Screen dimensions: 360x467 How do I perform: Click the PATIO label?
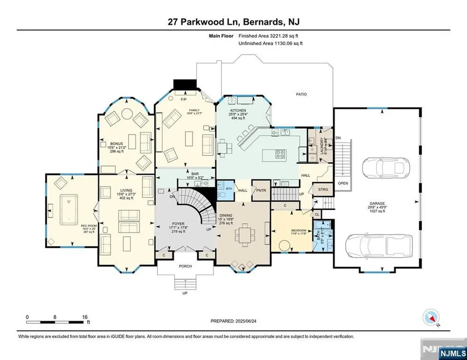tap(301, 94)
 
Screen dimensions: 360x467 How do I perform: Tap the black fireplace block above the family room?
tap(185, 85)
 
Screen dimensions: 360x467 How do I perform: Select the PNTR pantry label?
tap(261, 190)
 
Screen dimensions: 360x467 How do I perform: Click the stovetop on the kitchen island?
tap(279, 154)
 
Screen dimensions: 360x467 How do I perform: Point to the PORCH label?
tap(185, 266)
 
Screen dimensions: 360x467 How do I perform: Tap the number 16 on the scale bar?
tap(84, 317)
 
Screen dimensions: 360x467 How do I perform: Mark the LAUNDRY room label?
tap(322, 147)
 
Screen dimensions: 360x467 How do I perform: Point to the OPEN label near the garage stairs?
tap(343, 184)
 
